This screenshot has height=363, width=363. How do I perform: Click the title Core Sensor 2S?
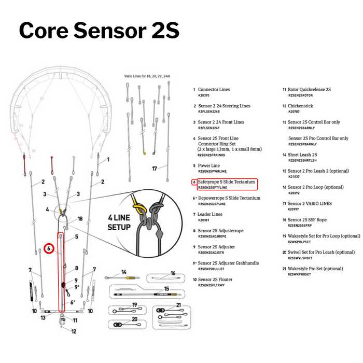(99, 31)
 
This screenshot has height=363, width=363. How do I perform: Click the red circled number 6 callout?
(48, 248)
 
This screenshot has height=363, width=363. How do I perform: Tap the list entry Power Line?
(209, 165)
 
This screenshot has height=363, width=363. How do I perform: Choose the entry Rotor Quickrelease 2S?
(310, 89)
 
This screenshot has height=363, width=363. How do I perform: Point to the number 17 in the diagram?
(153, 169)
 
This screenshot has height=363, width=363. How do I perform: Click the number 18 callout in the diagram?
(80, 219)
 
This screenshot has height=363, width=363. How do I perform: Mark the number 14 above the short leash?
(123, 271)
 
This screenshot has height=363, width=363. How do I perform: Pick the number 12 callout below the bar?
(74, 331)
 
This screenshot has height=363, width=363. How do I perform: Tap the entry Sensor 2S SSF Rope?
(311, 220)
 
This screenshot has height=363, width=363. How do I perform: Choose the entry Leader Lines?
(210, 214)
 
